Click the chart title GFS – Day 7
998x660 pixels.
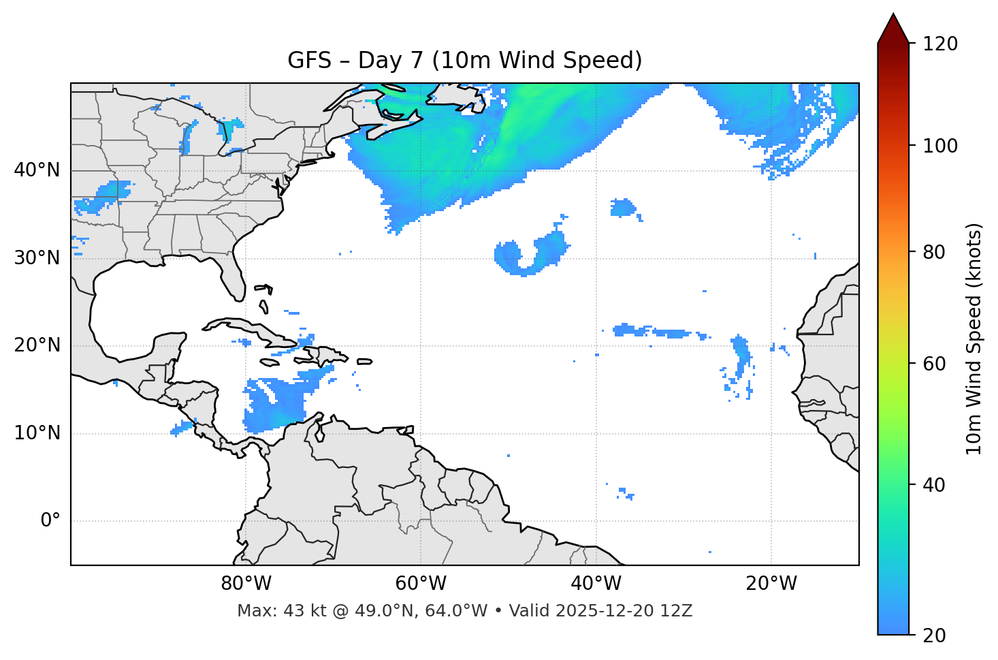tap(464, 61)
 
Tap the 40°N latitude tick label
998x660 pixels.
tap(37, 170)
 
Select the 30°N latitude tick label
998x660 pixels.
tap(37, 258)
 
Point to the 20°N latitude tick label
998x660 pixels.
tap(37, 345)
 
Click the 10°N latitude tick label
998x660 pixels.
tap(37, 433)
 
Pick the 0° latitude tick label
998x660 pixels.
tap(50, 521)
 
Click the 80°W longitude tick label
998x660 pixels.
tap(246, 584)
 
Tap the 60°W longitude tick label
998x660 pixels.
tap(421, 584)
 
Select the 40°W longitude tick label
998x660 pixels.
tap(596, 584)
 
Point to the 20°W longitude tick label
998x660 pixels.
tap(771, 584)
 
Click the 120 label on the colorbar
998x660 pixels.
tap(940, 44)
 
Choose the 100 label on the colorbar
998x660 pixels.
tap(940, 146)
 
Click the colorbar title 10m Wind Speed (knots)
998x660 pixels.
tap(974, 339)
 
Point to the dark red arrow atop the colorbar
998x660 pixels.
tap(893, 29)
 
